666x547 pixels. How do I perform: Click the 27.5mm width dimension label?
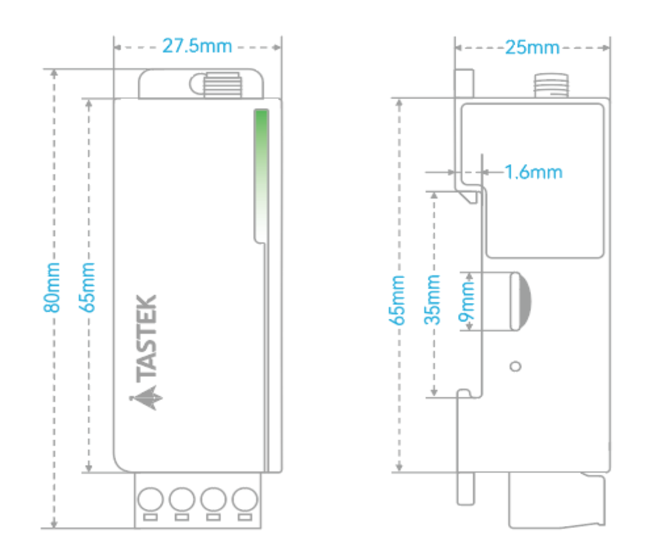(197, 46)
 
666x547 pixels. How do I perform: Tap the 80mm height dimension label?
(52, 287)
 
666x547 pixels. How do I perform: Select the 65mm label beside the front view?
(87, 287)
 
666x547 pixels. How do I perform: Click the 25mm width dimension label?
(532, 47)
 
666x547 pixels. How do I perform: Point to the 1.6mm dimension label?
(534, 172)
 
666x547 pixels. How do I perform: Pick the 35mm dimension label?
(433, 300)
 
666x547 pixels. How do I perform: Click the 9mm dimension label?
(466, 302)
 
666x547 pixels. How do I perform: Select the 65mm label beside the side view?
(397, 300)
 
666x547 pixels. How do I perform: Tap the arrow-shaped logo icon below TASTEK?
(147, 398)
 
